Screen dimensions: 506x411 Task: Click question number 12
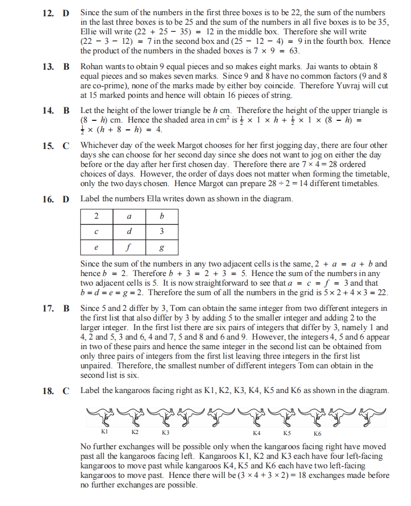[x=47, y=12]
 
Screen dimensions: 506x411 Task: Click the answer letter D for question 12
[x=66, y=12]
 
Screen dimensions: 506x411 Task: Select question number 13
[x=47, y=67]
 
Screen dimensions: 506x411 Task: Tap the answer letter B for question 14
[x=66, y=111]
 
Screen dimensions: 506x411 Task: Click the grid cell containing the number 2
[x=97, y=216]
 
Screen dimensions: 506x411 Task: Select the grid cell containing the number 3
[x=162, y=231]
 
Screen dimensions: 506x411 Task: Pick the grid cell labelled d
[x=129, y=231]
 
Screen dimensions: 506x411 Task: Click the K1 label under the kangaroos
[x=105, y=433]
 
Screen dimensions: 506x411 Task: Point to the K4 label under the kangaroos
[x=257, y=433]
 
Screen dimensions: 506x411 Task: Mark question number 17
[x=47, y=309]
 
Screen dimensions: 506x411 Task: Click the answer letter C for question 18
[x=66, y=391]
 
